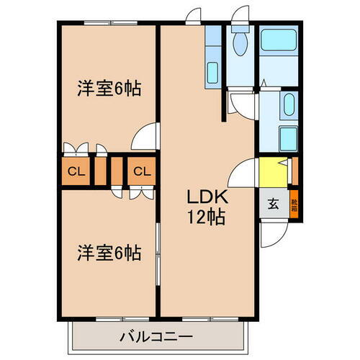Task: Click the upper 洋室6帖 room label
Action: tap(109, 89)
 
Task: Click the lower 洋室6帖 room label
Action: tap(109, 253)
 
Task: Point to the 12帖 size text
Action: tap(207, 216)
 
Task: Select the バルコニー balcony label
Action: tap(156, 336)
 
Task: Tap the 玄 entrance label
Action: tap(274, 204)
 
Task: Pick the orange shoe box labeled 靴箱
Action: tap(293, 204)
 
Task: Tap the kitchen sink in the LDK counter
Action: tap(213, 72)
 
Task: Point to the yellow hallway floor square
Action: tap(272, 173)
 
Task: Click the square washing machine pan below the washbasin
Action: tap(287, 137)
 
